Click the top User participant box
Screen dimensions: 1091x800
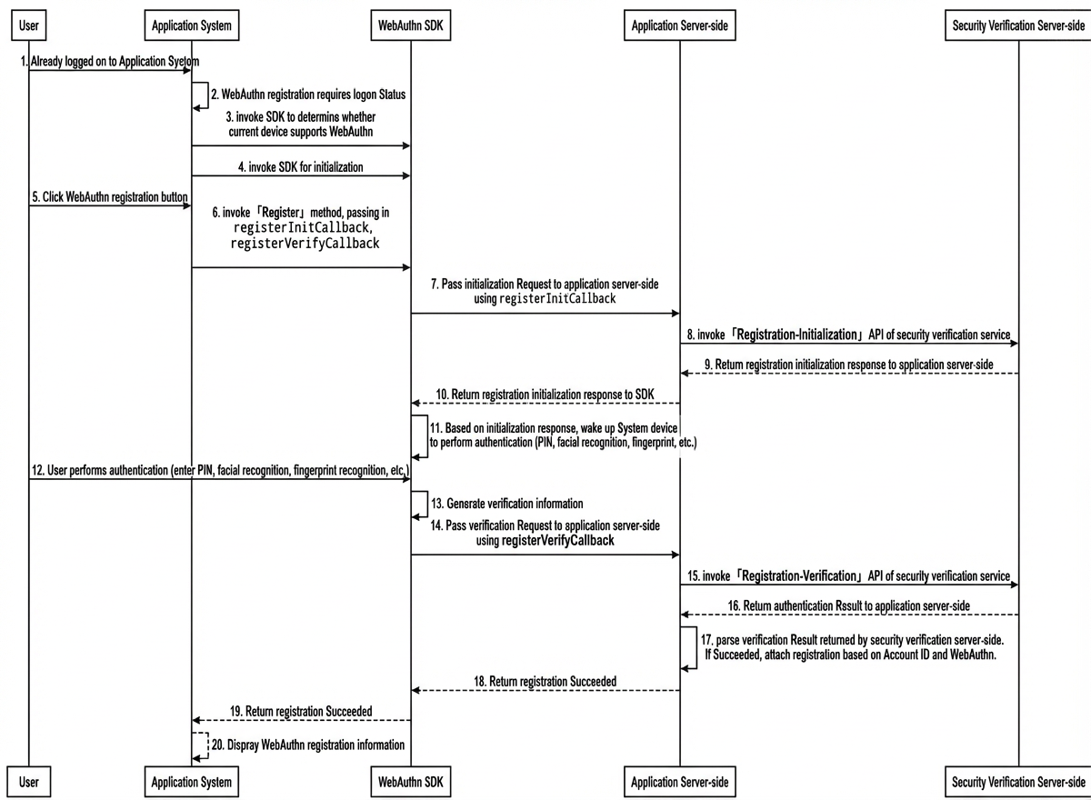coord(29,25)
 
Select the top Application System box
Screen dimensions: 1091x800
coord(192,25)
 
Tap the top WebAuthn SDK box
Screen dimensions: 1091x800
coord(411,25)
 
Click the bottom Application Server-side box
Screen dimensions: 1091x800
coord(680,782)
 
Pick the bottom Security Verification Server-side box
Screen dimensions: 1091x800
coord(1018,782)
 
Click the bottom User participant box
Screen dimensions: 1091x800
coord(29,782)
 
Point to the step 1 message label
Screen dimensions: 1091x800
coord(110,61)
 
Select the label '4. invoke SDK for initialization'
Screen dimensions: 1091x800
coord(301,167)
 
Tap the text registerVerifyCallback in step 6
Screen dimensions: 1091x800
coord(305,243)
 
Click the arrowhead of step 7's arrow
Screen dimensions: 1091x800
coord(676,313)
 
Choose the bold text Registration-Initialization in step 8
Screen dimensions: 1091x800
coord(796,335)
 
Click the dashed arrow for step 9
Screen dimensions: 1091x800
coord(849,374)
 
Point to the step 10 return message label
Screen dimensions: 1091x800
coord(545,395)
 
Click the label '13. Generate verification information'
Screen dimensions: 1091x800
coord(507,504)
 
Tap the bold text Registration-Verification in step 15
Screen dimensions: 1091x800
coord(799,576)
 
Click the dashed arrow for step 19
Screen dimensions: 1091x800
coord(302,720)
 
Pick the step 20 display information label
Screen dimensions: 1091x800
coord(308,745)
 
